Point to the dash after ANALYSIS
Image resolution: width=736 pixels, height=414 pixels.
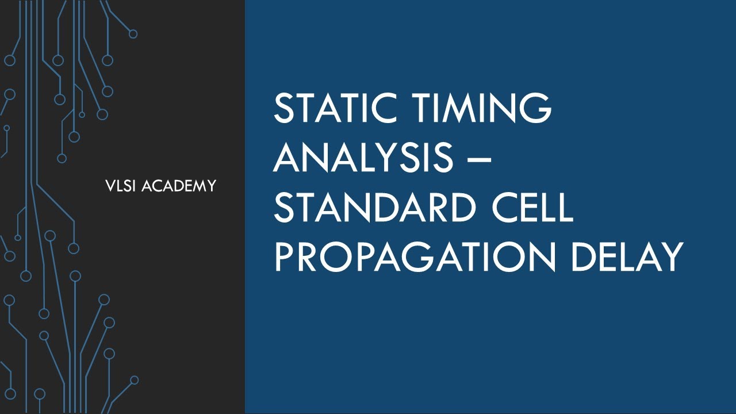(478, 158)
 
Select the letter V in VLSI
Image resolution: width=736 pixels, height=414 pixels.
(110, 186)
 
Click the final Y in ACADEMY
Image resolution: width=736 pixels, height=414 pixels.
(212, 186)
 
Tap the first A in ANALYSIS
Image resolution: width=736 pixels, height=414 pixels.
(287, 157)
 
